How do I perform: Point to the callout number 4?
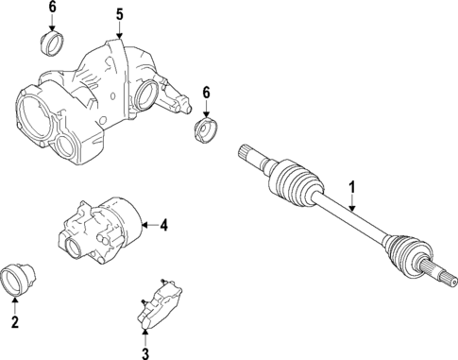163,225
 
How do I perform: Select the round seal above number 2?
18,279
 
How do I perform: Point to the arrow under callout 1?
352,202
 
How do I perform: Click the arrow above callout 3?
145,332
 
